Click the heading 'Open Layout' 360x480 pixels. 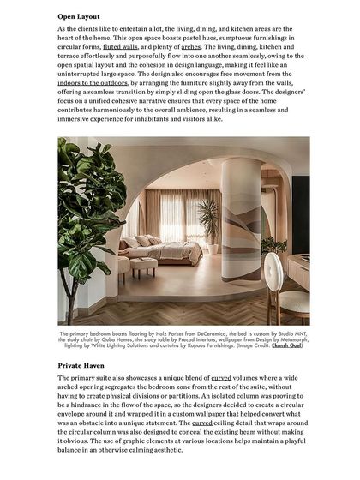[79, 16]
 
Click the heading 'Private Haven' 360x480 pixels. [83, 365]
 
